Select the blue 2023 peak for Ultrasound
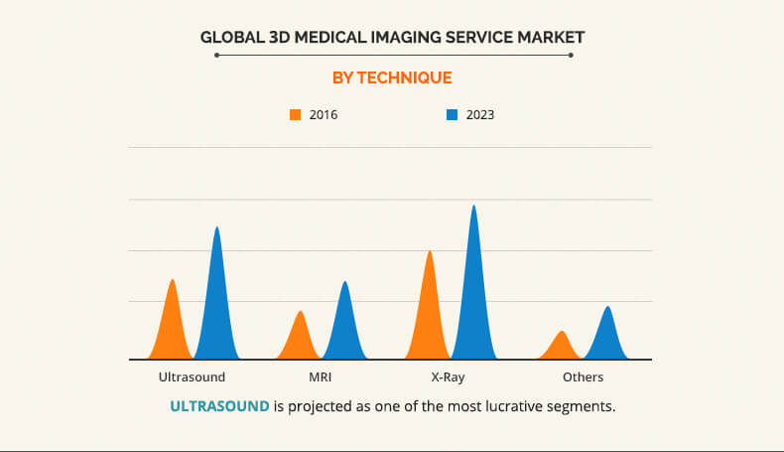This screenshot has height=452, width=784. pyautogui.click(x=217, y=298)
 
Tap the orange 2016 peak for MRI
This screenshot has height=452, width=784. pyautogui.click(x=301, y=338)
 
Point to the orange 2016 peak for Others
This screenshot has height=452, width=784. pyautogui.click(x=563, y=347)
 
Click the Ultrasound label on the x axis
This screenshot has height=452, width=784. pyautogui.click(x=192, y=377)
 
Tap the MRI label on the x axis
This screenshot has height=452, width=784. pyautogui.click(x=322, y=377)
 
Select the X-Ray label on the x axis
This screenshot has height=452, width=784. pyautogui.click(x=448, y=377)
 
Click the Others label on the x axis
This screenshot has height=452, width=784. pyautogui.click(x=583, y=377)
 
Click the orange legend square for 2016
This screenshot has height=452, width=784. pyautogui.click(x=295, y=115)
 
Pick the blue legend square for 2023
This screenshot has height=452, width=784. pyautogui.click(x=452, y=115)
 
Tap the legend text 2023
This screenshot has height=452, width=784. pyautogui.click(x=479, y=115)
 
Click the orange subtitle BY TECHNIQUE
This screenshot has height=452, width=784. pyautogui.click(x=392, y=77)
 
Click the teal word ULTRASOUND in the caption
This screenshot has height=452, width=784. pyautogui.click(x=219, y=406)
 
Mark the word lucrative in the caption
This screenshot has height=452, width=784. pyautogui.click(x=503, y=406)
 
